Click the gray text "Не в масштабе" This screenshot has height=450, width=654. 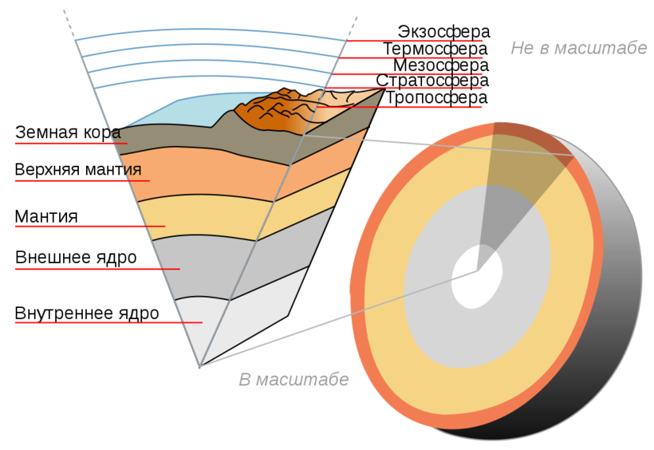click(x=578, y=48)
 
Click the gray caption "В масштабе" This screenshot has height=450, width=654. click(x=294, y=380)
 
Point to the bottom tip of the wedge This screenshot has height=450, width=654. click(x=199, y=366)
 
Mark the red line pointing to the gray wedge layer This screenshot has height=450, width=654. click(x=96, y=270)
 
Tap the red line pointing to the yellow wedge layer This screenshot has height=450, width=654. click(x=88, y=227)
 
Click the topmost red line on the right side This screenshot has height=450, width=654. click(x=415, y=41)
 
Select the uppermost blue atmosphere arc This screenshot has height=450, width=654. click(x=211, y=31)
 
